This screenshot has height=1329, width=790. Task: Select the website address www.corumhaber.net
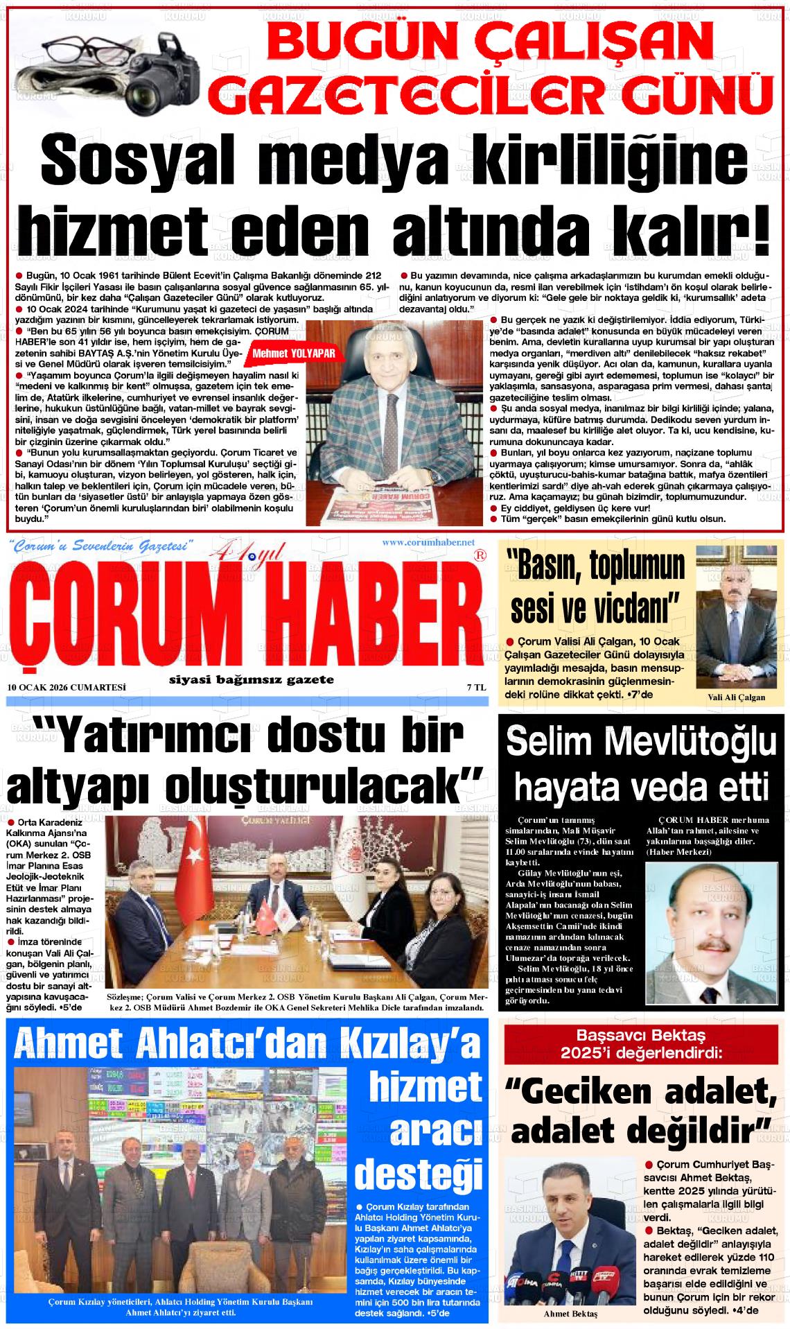point(428,542)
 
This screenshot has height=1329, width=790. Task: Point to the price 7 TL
point(475,687)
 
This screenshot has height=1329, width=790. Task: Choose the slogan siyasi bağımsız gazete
point(252,680)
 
